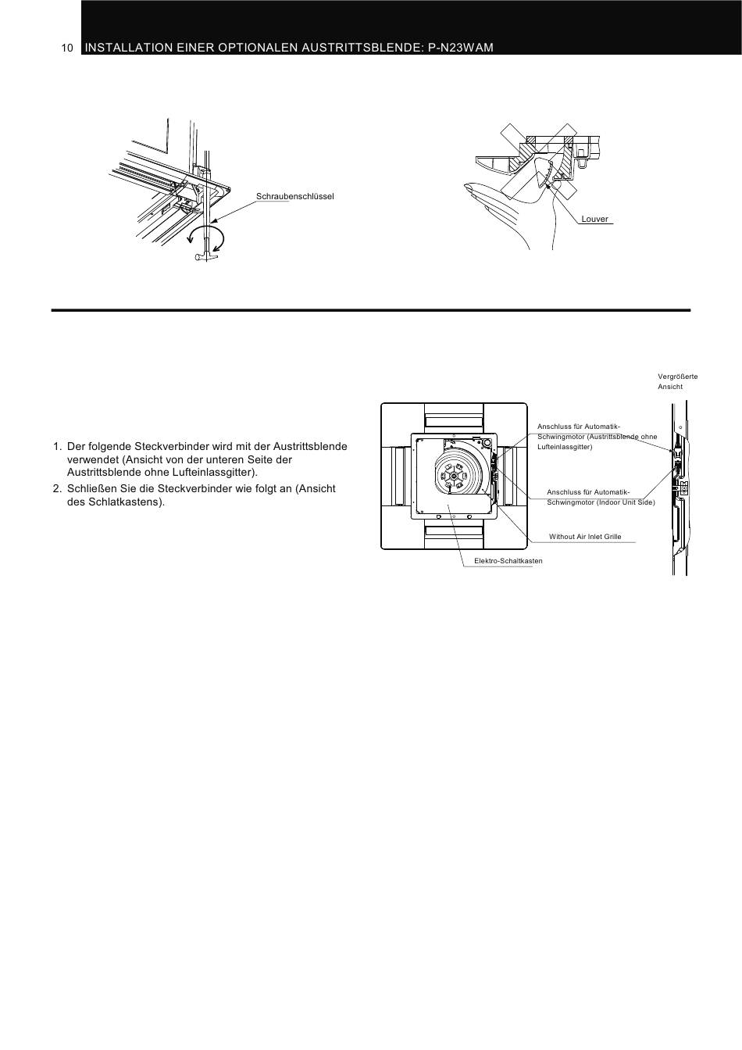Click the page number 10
pos(67,48)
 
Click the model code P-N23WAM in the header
pos(461,48)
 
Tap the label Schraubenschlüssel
pos(294,196)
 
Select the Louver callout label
pos(594,219)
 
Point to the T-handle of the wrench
pos(204,256)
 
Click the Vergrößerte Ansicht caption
pos(677,381)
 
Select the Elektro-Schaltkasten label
pos(508,561)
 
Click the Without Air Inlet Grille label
pos(585,536)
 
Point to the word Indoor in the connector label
pos(608,502)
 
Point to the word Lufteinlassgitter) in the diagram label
pos(565,447)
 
